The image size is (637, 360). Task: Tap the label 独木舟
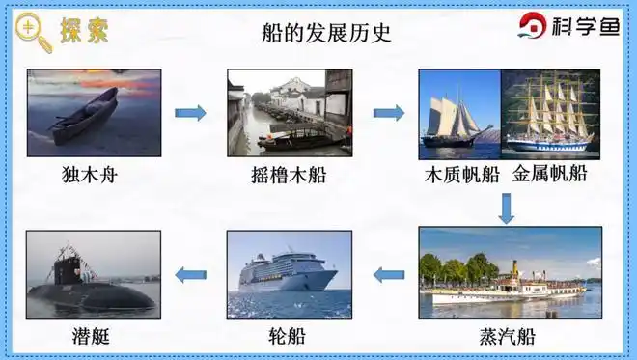point(94,176)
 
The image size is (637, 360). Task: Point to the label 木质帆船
point(462,176)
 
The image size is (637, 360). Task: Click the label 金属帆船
point(549,176)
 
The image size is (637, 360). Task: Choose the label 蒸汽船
point(507,338)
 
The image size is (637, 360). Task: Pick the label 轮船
point(288,338)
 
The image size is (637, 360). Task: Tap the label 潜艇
point(94,338)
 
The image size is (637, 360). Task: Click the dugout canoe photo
point(94,113)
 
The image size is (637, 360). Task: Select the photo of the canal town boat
point(290,113)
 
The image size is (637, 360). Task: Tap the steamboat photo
point(510,273)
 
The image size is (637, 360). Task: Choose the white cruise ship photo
point(289,273)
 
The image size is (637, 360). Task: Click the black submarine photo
point(94,273)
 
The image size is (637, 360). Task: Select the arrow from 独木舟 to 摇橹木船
point(190,113)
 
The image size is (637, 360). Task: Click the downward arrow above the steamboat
point(507,208)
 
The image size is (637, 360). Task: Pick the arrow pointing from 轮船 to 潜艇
point(190,275)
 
